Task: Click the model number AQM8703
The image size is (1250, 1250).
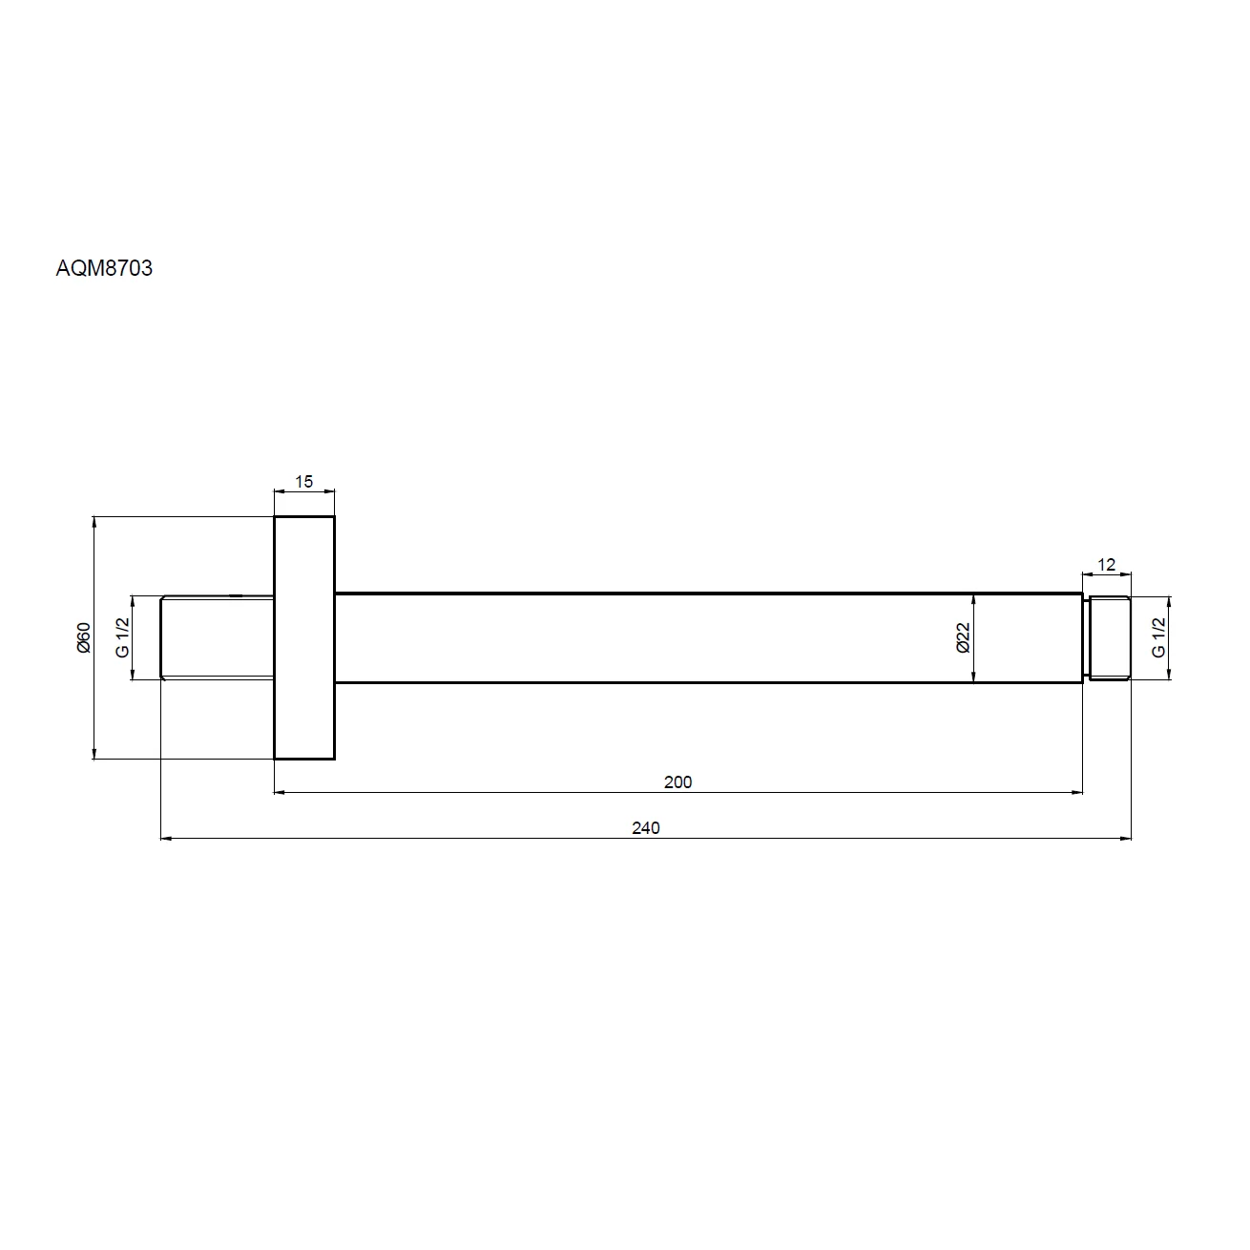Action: (x=104, y=268)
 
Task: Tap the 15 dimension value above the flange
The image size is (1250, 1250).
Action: (x=303, y=481)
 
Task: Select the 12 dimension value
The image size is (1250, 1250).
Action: (x=1106, y=564)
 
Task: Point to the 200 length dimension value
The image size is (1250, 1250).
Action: (x=677, y=781)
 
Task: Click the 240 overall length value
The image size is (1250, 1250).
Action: (x=645, y=827)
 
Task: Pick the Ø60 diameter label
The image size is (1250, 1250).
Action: (x=84, y=637)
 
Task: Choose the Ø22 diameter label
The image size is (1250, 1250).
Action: (x=964, y=637)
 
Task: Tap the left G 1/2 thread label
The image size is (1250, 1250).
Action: (x=122, y=637)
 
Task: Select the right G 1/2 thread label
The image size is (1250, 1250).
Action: (x=1158, y=637)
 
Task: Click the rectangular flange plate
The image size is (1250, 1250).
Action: (x=304, y=637)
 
